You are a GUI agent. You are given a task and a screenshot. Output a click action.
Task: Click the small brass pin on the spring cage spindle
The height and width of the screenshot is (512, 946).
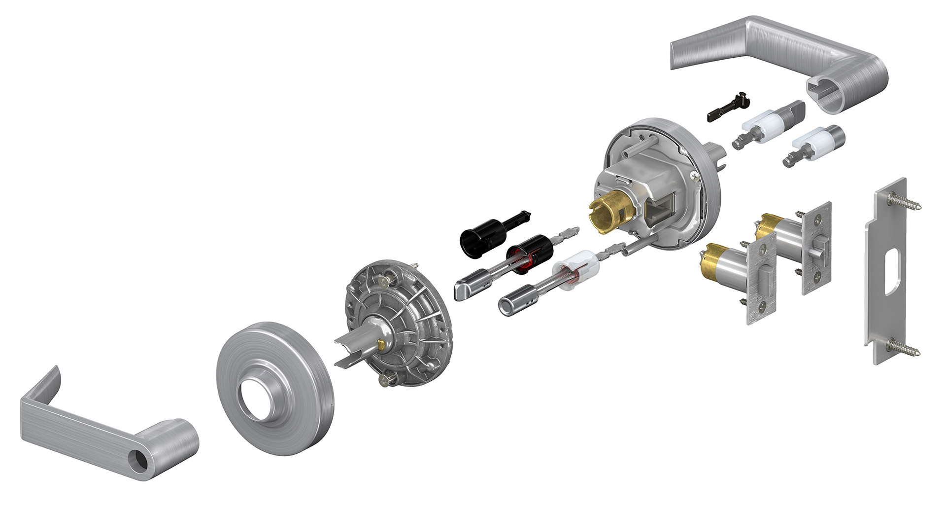click(x=382, y=343)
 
